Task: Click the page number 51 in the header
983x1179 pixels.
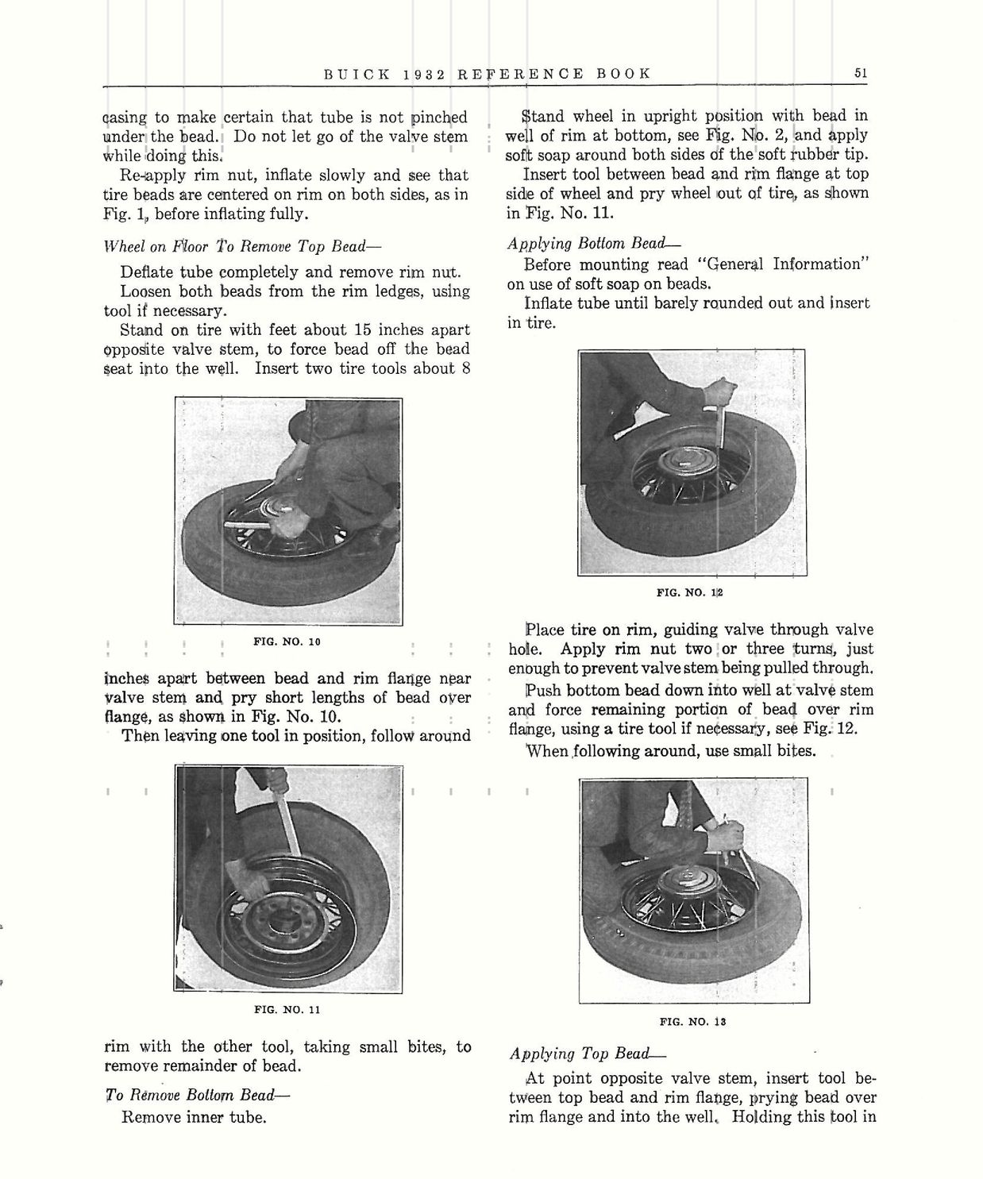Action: [x=861, y=73]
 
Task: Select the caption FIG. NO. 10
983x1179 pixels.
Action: [x=287, y=642]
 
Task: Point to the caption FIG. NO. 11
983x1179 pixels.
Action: [x=287, y=1010]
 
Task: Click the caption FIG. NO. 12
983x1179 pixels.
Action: [x=691, y=592]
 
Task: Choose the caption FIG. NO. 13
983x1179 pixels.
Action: [x=692, y=1022]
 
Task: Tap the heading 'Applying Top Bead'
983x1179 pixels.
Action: [x=588, y=1054]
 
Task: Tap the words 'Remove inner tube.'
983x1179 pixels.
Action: [x=193, y=1117]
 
